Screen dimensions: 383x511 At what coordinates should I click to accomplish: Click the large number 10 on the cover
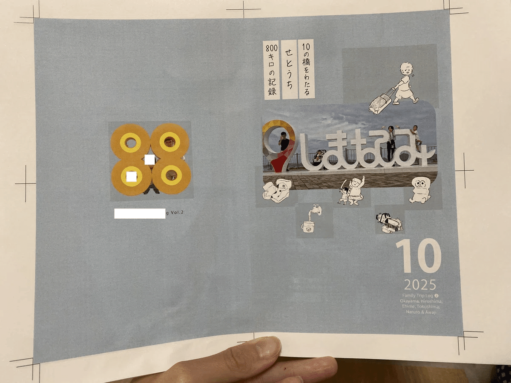(418, 256)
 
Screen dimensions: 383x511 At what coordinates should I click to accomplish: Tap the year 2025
(420, 284)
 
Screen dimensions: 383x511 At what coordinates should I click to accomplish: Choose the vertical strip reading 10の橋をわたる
(307, 69)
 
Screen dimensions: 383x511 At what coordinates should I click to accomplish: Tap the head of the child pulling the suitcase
(407, 69)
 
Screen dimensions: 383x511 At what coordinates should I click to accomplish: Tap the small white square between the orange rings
(150, 160)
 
